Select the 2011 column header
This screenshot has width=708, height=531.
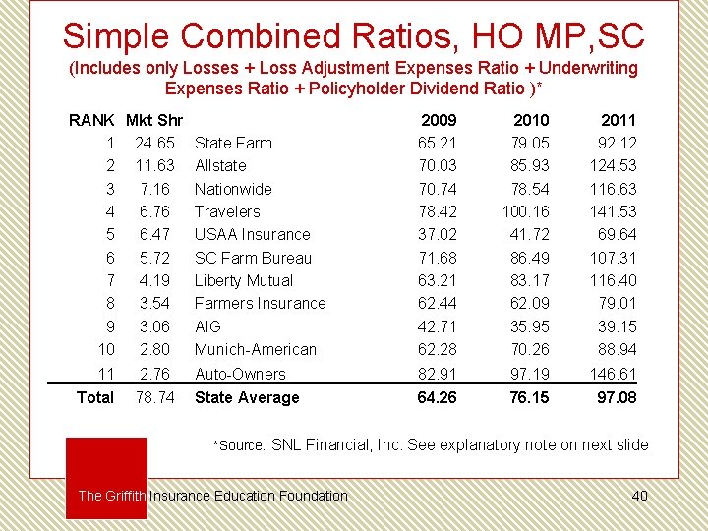click(x=618, y=120)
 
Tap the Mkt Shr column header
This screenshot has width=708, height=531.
click(x=154, y=120)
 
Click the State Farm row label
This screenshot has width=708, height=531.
click(x=233, y=143)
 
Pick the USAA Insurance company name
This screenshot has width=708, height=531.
click(x=252, y=234)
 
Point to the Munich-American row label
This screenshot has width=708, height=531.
click(x=255, y=349)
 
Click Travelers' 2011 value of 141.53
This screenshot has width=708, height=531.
click(x=613, y=211)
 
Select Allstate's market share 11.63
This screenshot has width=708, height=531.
click(x=154, y=165)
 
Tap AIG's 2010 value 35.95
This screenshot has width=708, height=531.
click(x=529, y=326)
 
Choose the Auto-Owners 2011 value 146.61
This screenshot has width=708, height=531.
click(x=613, y=374)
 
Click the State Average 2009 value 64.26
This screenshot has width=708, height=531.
click(x=437, y=397)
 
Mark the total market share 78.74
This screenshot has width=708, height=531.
click(x=154, y=397)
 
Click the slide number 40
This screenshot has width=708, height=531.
click(x=639, y=496)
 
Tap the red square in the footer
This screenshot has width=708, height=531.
click(x=106, y=462)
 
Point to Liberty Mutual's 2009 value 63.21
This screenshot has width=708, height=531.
click(x=438, y=280)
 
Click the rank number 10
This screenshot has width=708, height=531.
click(x=106, y=349)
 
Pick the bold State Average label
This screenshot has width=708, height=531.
click(x=247, y=397)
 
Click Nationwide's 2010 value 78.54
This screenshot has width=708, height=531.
click(x=529, y=189)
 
